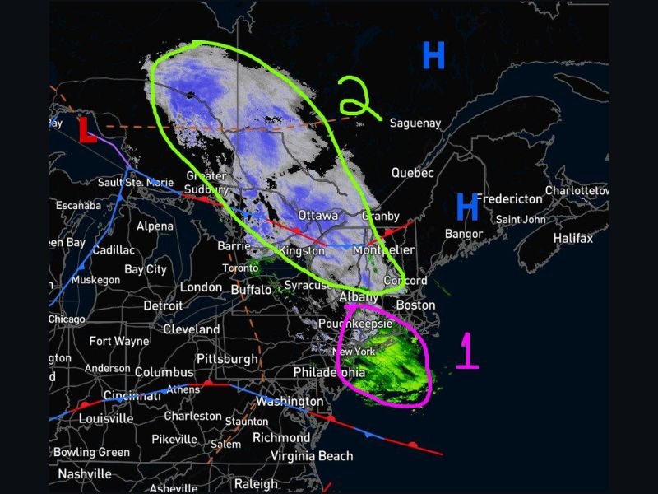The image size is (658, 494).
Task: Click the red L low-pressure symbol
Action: [x=86, y=132]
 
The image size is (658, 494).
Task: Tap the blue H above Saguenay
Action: [x=433, y=55]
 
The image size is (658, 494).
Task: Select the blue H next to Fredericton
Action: [x=467, y=207]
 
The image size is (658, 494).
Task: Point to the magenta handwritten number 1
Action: [x=467, y=350]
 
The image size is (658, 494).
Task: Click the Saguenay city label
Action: [x=415, y=123]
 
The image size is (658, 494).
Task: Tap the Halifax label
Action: [x=572, y=238]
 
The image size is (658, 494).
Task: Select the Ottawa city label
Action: [x=318, y=215]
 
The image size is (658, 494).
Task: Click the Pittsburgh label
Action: [x=226, y=359]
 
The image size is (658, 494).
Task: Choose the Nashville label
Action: [x=85, y=474]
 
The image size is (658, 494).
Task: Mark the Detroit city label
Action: [x=163, y=305]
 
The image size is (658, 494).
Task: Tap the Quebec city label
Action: [x=412, y=173]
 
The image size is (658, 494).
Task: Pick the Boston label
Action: [x=415, y=305]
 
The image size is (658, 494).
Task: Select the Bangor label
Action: [x=463, y=235]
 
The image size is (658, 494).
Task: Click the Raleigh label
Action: [x=256, y=484]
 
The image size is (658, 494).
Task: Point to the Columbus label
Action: [x=164, y=372]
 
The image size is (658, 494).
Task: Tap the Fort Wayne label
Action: [x=119, y=341]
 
